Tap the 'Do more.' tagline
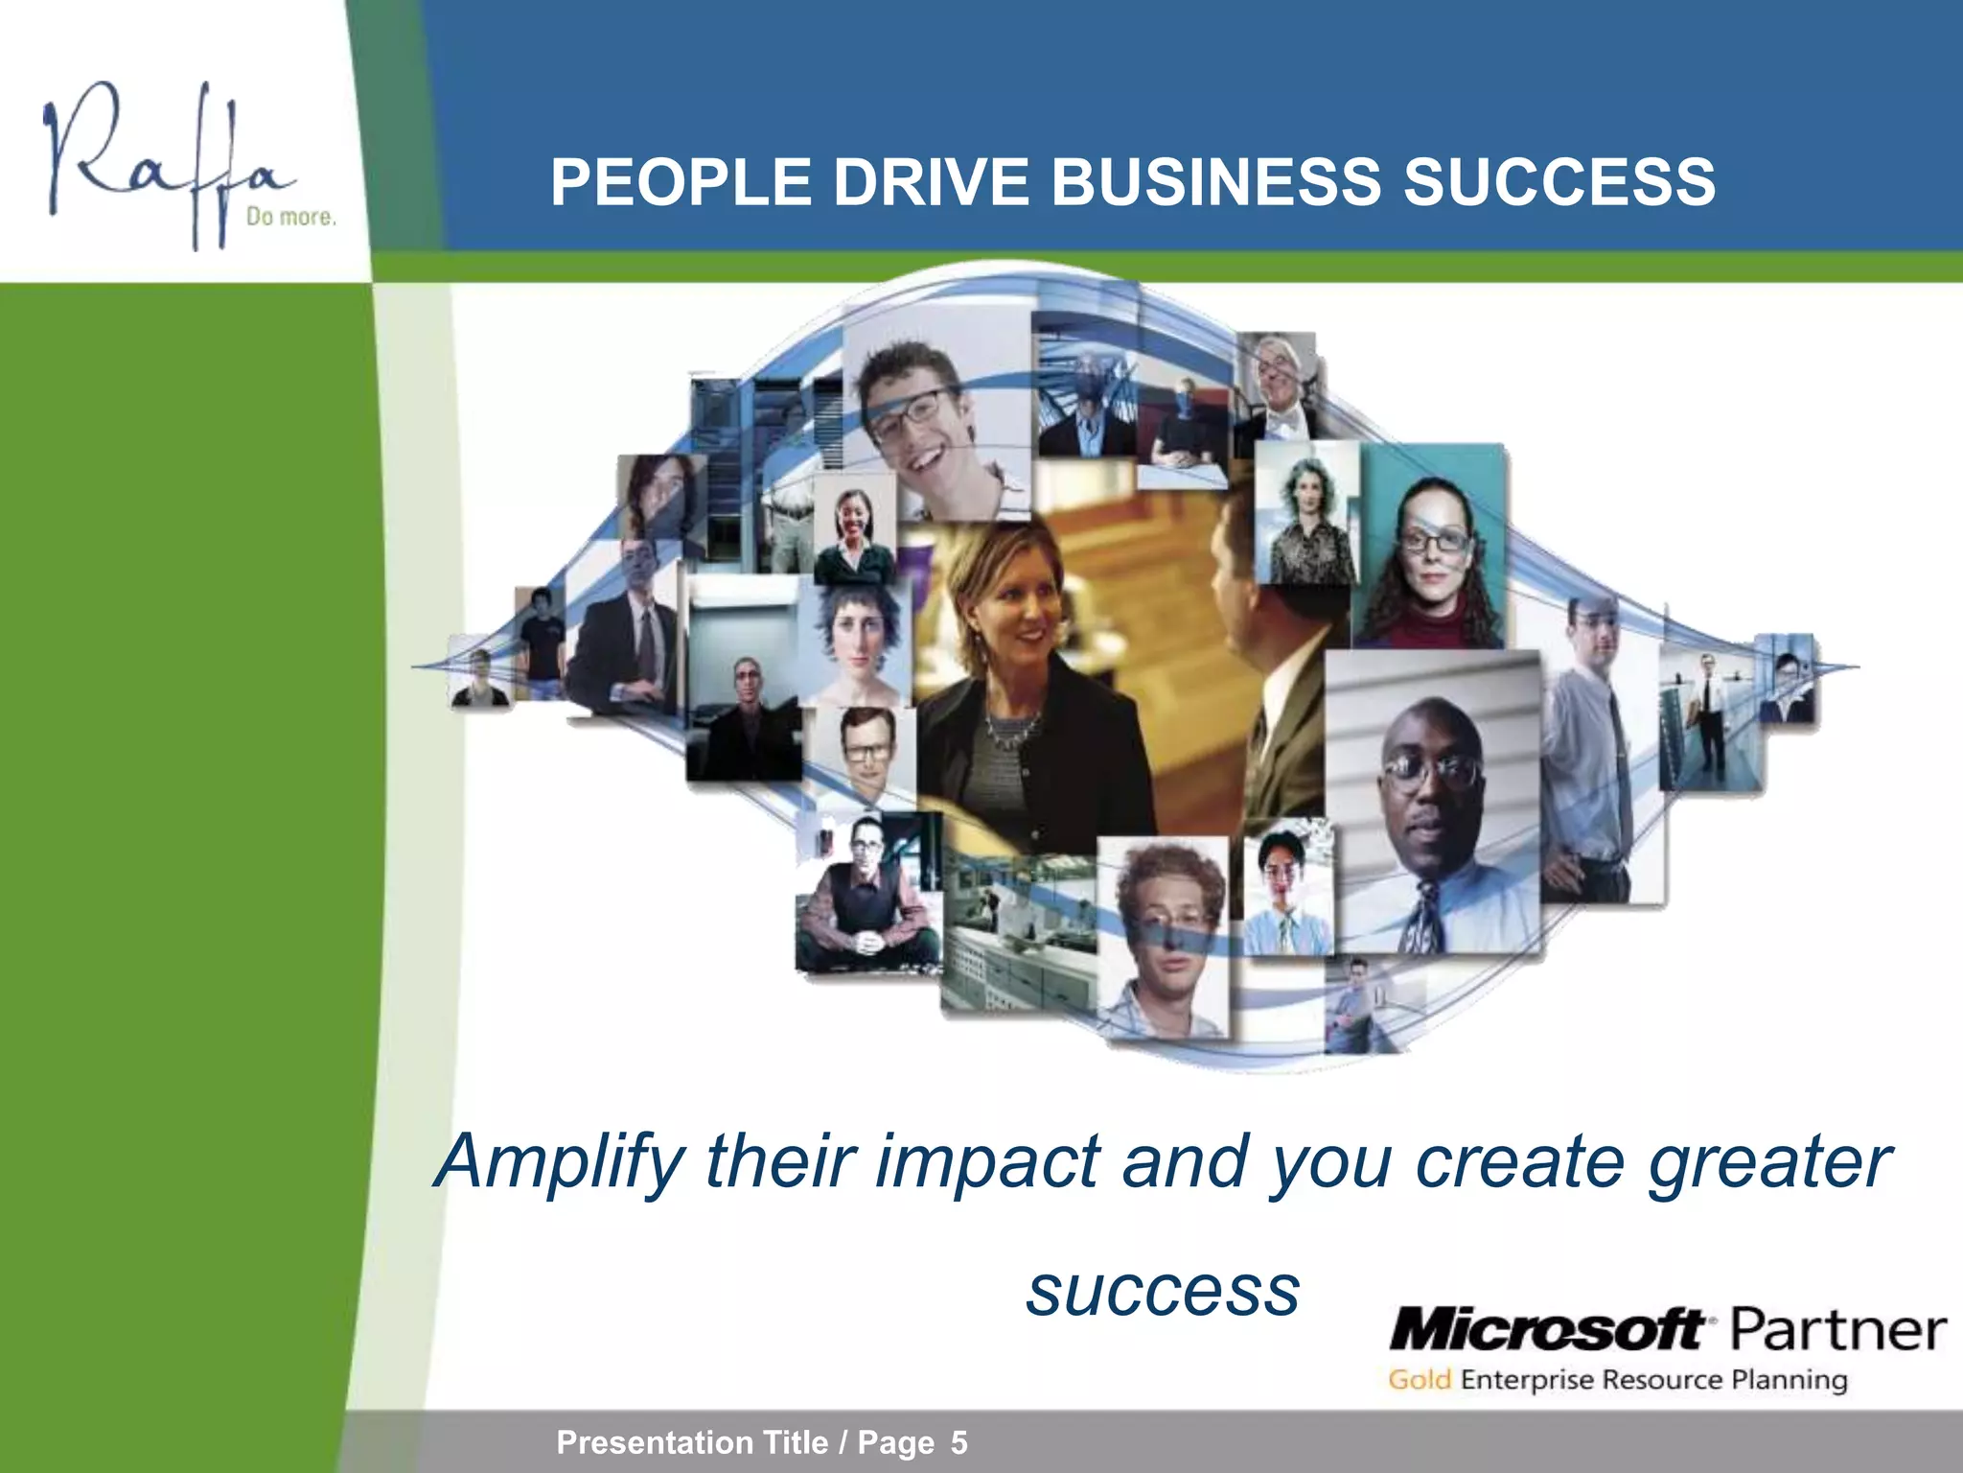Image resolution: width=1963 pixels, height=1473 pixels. [291, 218]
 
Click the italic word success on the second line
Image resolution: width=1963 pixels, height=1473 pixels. [1163, 1290]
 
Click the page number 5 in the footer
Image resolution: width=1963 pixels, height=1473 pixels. [958, 1442]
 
